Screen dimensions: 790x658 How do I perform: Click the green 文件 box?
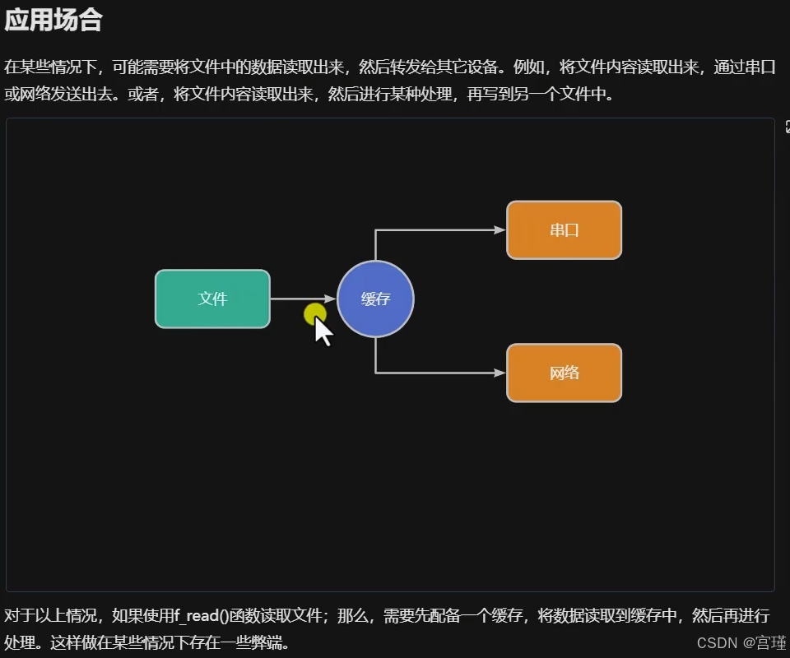point(212,299)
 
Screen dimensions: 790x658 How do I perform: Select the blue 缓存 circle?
point(375,299)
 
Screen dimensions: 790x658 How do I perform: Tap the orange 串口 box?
point(564,230)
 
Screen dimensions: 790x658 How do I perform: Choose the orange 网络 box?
point(564,373)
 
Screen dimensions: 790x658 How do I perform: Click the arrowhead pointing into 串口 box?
point(500,230)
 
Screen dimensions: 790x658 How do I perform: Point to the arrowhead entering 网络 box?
point(500,373)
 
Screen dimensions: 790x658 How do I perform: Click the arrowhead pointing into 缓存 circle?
point(331,299)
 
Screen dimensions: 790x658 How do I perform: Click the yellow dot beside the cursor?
point(314,313)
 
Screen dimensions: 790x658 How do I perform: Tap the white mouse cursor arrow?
point(323,331)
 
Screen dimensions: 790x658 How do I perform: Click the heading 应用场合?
point(53,21)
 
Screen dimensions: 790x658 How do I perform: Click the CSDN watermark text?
point(717,642)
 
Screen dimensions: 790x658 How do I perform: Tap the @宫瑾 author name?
point(764,642)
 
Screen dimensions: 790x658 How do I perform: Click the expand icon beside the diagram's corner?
point(786,127)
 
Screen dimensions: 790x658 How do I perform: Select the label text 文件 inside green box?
point(212,299)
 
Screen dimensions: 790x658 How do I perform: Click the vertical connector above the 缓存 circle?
point(375,245)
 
